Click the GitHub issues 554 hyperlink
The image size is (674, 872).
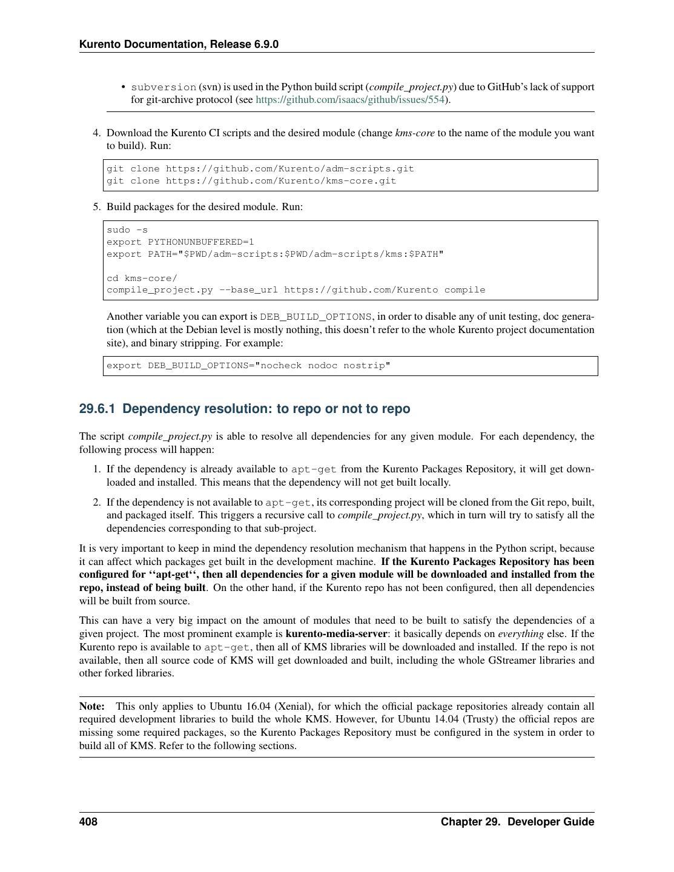coord(350,100)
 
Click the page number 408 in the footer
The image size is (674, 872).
coord(88,822)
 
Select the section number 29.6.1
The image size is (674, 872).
coord(97,409)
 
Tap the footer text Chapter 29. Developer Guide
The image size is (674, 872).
coord(517,822)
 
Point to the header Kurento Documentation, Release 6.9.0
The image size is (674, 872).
coord(179,44)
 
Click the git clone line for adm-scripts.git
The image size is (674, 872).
coord(260,169)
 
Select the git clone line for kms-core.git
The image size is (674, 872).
coord(251,181)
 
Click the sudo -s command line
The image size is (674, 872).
coord(127,230)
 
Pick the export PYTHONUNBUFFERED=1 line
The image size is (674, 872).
coord(180,242)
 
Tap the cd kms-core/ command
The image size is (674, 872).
coord(142,279)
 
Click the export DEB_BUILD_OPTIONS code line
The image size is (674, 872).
coord(248,366)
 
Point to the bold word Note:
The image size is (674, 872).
coord(92,706)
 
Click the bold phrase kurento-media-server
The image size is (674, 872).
coord(336,634)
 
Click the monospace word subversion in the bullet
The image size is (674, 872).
coord(164,87)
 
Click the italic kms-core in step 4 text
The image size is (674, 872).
coord(415,133)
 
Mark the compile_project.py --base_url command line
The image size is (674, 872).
coord(296,290)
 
